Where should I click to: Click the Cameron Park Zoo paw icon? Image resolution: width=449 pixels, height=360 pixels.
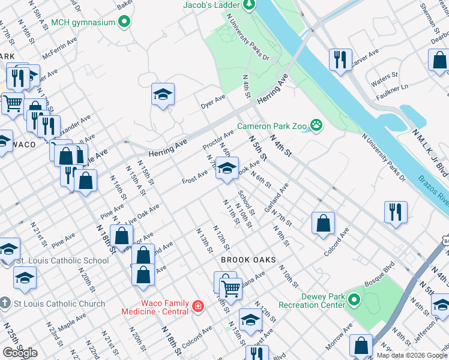coord(316,126)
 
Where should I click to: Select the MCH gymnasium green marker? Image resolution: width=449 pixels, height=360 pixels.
coord(124,23)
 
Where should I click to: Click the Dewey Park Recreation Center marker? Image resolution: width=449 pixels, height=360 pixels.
coord(354,299)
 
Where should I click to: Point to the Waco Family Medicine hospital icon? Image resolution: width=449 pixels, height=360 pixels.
coord(197,307)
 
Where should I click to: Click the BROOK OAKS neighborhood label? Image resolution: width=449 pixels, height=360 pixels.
coord(248,260)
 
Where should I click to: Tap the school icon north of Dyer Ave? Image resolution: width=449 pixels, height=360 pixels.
coord(163,94)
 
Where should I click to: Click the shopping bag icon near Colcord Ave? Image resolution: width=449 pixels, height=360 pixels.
coord(323,223)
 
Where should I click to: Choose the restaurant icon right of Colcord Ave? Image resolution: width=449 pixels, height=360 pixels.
coord(396,212)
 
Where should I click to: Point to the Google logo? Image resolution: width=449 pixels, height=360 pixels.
coord(20,353)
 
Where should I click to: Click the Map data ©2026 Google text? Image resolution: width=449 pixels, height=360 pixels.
coord(412,355)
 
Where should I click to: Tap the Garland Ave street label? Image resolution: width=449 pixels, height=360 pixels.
coord(280,193)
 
